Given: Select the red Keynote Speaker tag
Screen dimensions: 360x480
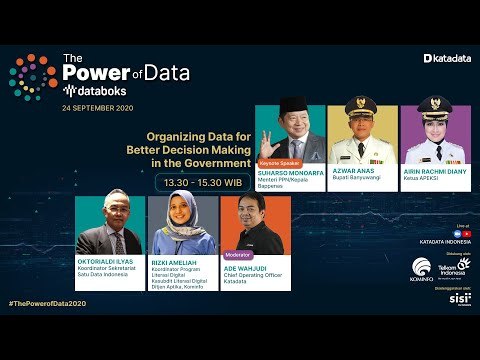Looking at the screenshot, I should pyautogui.click(x=279, y=161).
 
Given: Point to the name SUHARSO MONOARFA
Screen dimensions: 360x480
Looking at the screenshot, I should pyautogui.click(x=289, y=171).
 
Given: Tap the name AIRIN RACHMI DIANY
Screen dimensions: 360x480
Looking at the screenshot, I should pyautogui.click(x=435, y=171).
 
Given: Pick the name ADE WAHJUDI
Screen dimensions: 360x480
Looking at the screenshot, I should pyautogui.click(x=244, y=263).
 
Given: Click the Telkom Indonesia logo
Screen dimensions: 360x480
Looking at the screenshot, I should pyautogui.click(x=455, y=268).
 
